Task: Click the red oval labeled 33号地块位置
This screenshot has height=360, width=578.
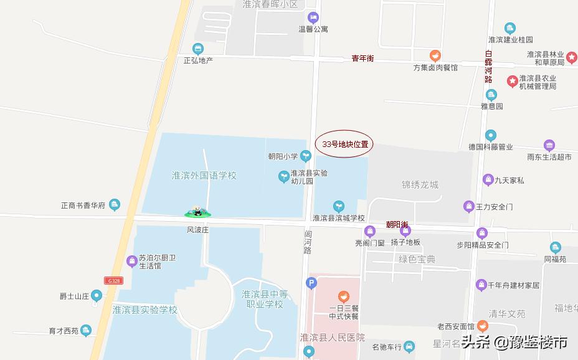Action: (344, 144)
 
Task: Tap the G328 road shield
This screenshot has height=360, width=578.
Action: (113, 281)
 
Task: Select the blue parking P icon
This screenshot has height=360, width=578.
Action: (311, 284)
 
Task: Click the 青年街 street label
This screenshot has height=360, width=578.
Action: (362, 59)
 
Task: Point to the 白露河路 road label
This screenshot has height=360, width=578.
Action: (489, 67)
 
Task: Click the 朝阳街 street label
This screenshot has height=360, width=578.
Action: (397, 224)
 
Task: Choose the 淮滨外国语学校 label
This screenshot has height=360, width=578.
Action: (204, 176)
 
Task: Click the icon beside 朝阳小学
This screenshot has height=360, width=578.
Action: (306, 155)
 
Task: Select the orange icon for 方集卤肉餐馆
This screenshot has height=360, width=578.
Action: (436, 55)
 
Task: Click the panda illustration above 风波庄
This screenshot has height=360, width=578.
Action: (198, 212)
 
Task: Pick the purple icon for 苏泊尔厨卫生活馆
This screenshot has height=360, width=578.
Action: (131, 261)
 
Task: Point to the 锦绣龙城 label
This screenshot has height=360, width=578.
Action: (420, 185)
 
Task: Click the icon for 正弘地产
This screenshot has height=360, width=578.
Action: (198, 49)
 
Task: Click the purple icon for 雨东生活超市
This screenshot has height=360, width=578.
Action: (549, 145)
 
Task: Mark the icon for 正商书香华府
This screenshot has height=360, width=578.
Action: (114, 204)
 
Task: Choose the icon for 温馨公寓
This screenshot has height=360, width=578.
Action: (313, 17)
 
